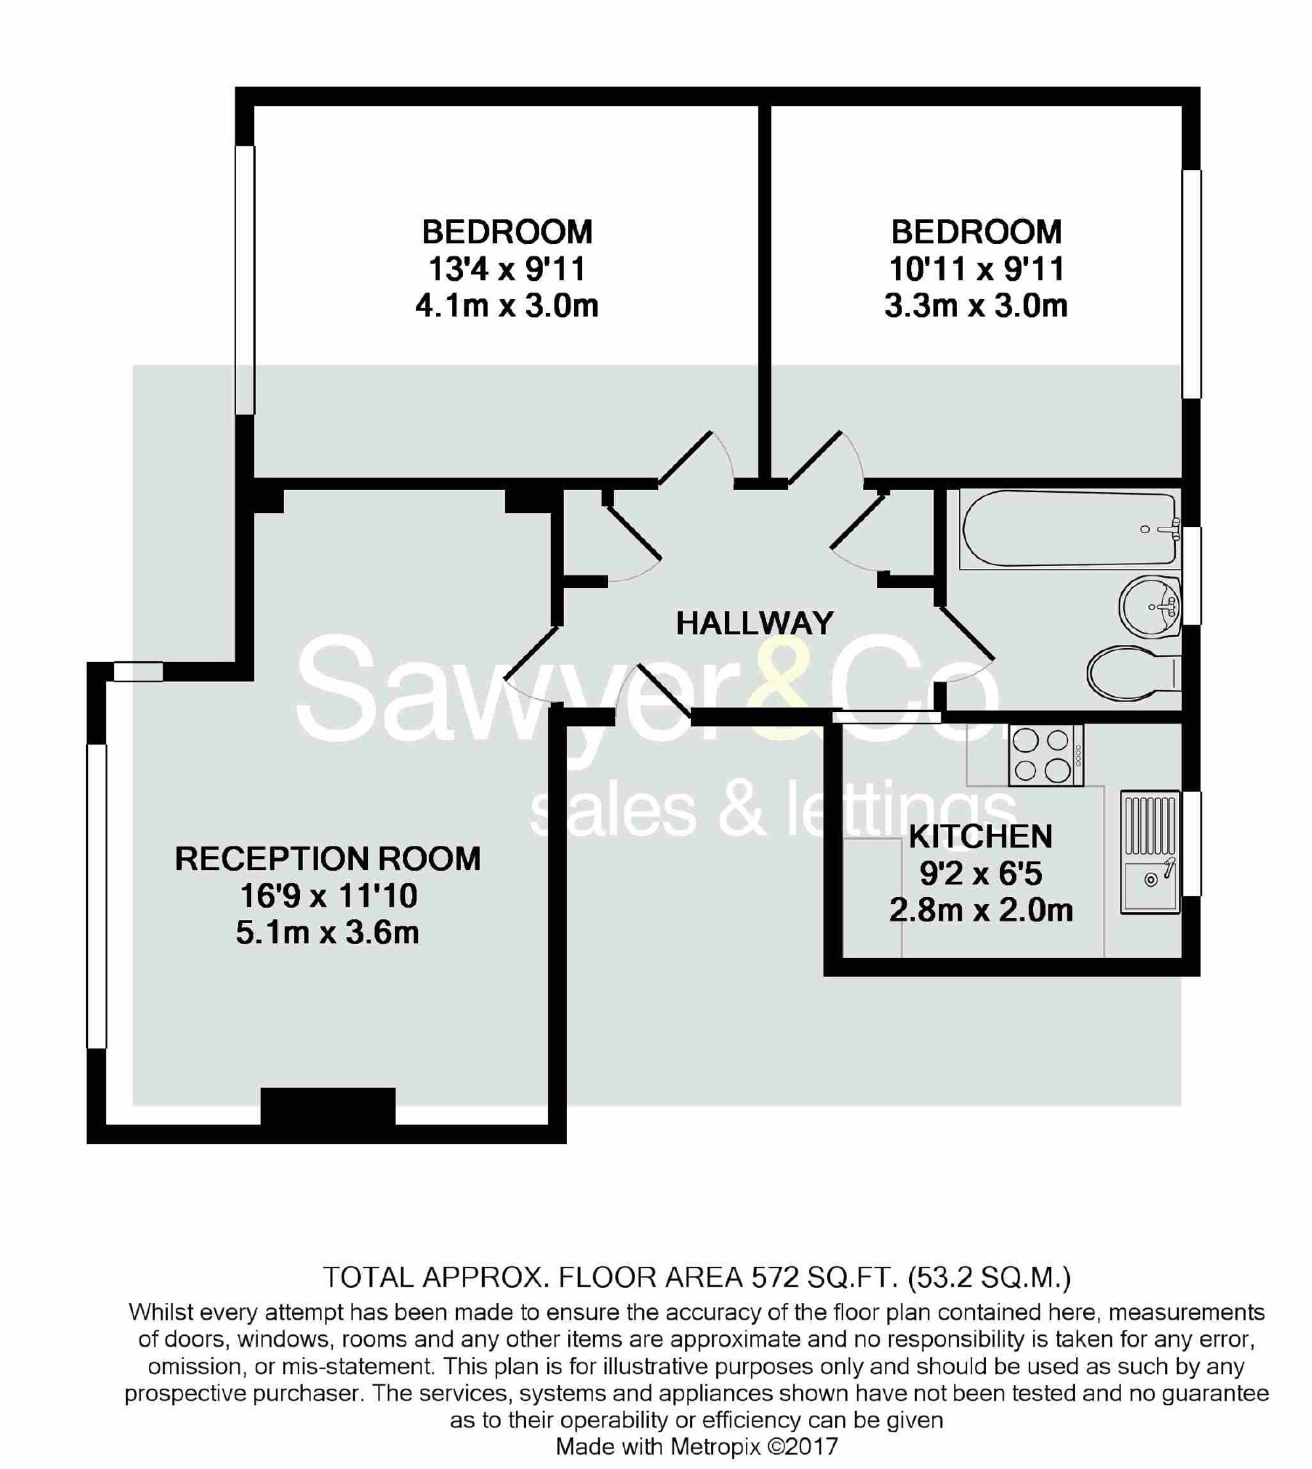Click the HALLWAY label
(754, 623)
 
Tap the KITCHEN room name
(981, 836)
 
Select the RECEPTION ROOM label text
(327, 858)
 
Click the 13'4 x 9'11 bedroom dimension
(507, 270)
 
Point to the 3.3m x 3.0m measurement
(976, 306)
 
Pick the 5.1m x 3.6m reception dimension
(327, 933)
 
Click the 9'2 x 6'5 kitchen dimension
(981, 874)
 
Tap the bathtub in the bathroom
(1069, 528)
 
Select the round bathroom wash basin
(1150, 606)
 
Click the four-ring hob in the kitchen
(1045, 755)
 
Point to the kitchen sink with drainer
(1150, 853)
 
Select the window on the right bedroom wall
(1191, 283)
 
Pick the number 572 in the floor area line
(775, 1277)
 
